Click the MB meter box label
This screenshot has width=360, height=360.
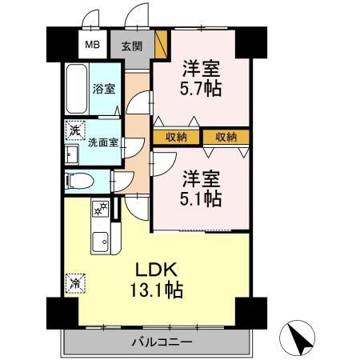pyautogui.click(x=92, y=46)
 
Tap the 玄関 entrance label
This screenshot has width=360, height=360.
pyautogui.click(x=131, y=46)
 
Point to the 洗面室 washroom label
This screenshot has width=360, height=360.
pyautogui.click(x=102, y=144)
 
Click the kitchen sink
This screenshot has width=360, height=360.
pyautogui.click(x=100, y=240)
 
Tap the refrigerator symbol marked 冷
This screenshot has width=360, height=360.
pyautogui.click(x=74, y=282)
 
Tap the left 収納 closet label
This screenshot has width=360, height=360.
pyautogui.click(x=177, y=137)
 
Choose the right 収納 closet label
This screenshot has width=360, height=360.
pyautogui.click(x=225, y=137)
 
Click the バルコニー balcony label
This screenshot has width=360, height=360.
pyautogui.click(x=161, y=342)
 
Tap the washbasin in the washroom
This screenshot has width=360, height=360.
pyautogui.click(x=70, y=154)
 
